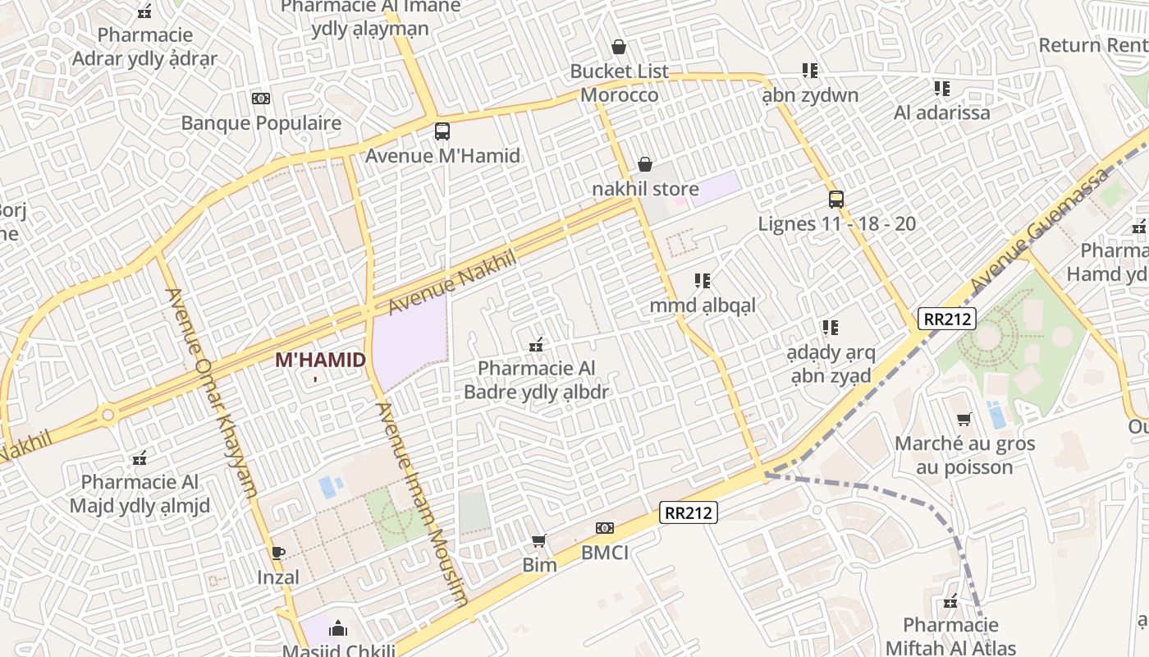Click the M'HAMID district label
point(320,360)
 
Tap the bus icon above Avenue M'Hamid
point(442,131)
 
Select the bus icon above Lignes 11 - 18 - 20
point(836,200)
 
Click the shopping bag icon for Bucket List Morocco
point(619,48)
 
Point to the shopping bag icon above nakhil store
point(645,165)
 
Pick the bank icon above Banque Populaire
point(261,99)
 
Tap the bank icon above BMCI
point(605,528)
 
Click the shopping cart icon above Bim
point(539,540)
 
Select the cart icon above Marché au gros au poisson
point(964,420)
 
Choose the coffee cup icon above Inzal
point(277,553)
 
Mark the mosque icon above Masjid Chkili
point(338,629)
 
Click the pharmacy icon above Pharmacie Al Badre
point(537,345)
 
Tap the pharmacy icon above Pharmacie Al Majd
point(140,457)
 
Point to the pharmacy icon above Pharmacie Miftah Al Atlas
point(951,602)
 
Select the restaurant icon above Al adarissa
point(941,89)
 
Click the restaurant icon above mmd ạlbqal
point(703,282)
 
